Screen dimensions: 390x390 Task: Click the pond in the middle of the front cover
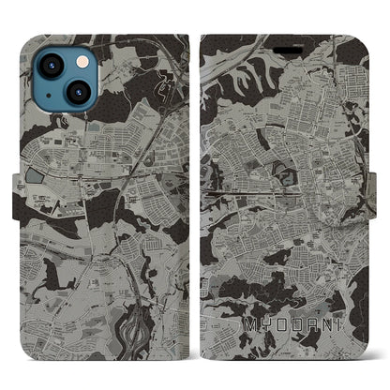point(277,169)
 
